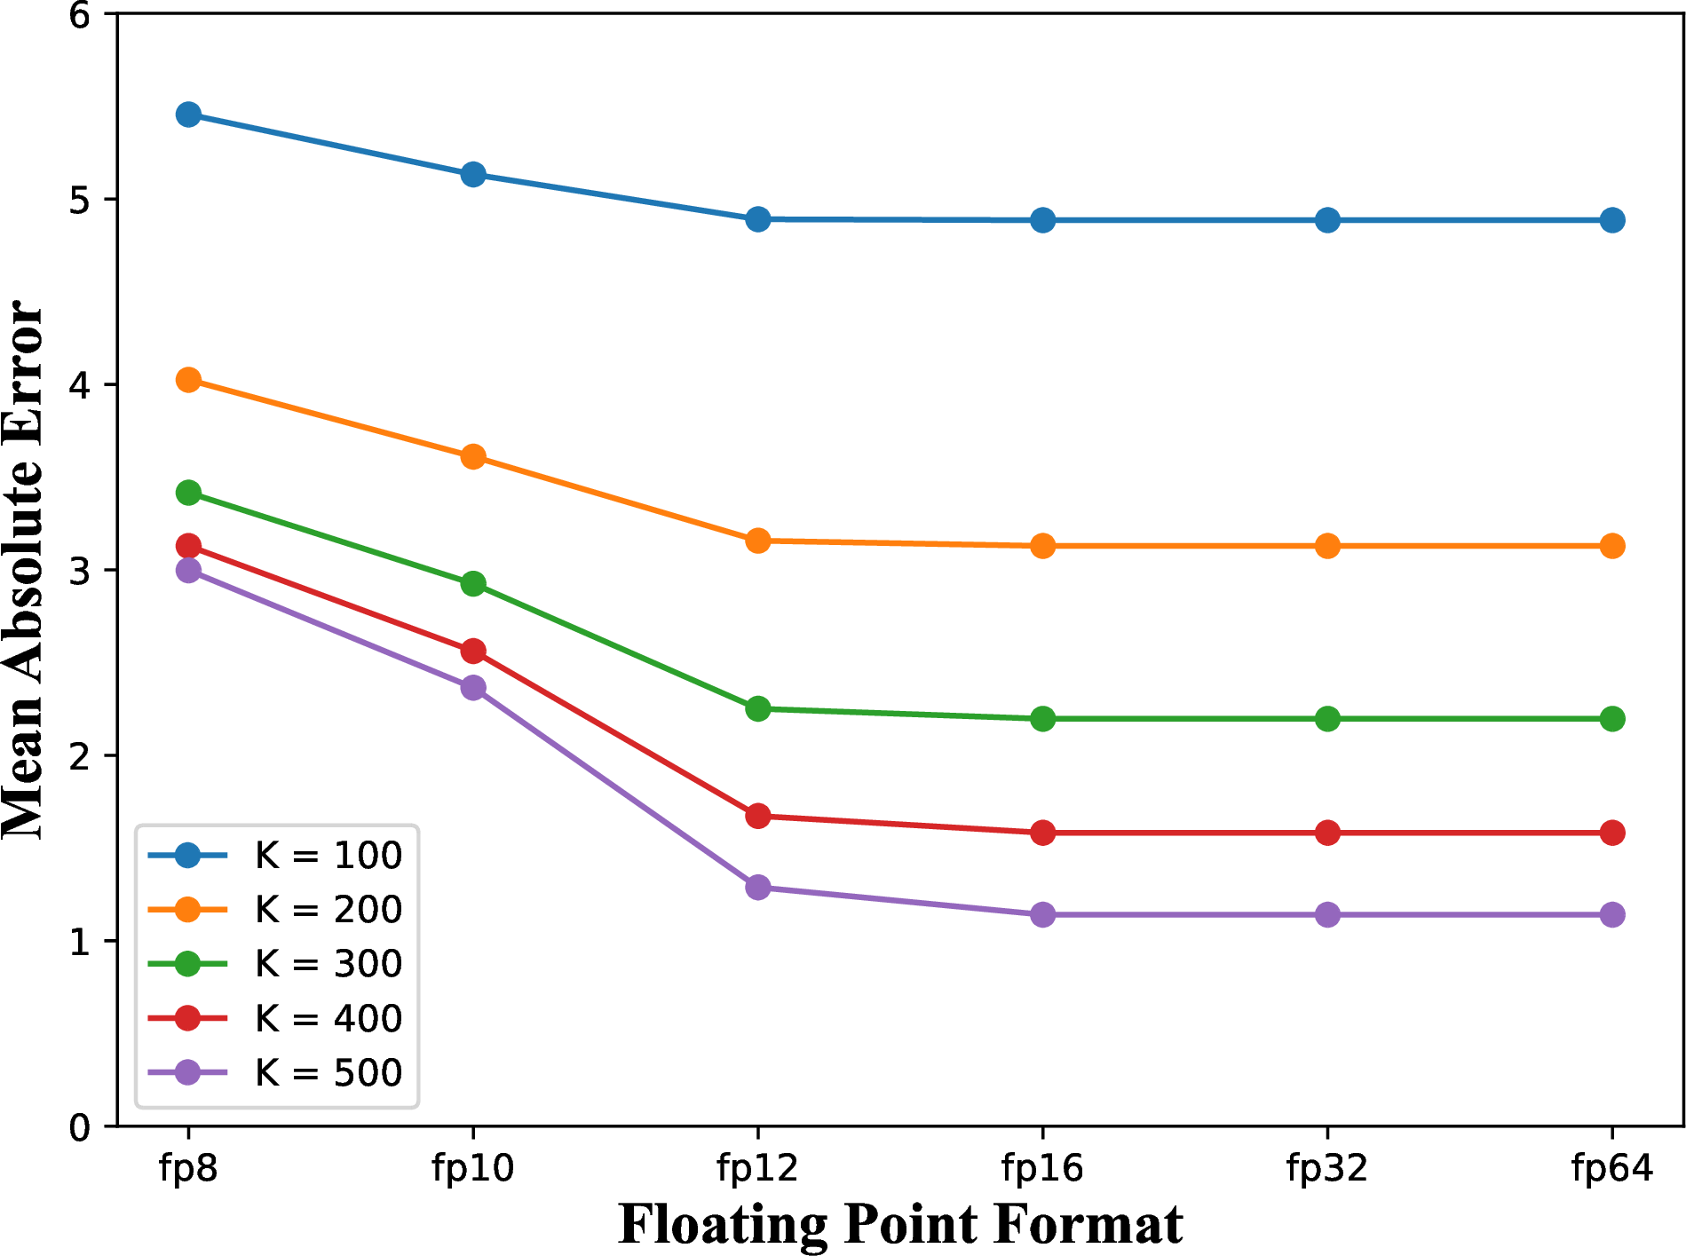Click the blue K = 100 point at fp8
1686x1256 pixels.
pos(188,115)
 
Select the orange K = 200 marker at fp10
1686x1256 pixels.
pos(473,457)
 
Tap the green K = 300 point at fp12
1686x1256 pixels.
pos(757,708)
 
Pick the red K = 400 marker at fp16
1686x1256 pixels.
pos(1042,833)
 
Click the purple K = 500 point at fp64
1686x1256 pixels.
pos(1612,914)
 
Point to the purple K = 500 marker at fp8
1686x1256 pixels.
pos(188,570)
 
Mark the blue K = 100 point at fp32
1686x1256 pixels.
pos(1327,220)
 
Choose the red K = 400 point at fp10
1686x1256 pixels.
pos(473,651)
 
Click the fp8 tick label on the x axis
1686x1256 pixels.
pos(188,1169)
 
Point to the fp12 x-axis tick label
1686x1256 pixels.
pos(757,1169)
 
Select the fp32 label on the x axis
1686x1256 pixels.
pos(1327,1169)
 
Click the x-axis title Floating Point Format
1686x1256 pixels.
pos(900,1225)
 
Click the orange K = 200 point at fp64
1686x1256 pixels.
pos(1612,546)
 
